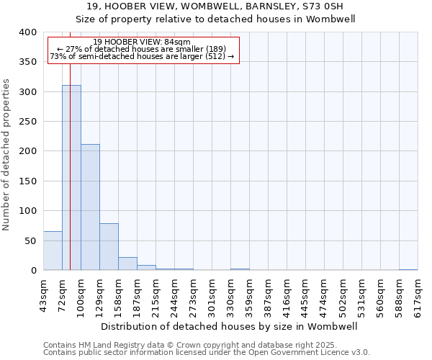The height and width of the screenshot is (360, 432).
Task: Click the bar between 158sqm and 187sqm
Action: [127, 264]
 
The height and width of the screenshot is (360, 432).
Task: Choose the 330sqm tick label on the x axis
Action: [230, 294]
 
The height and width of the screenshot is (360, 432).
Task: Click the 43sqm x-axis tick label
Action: [43, 294]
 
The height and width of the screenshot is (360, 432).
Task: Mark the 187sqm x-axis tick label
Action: [137, 294]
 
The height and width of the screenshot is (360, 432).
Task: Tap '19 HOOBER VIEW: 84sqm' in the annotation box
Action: [142, 42]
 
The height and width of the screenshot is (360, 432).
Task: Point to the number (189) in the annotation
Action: [216, 49]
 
